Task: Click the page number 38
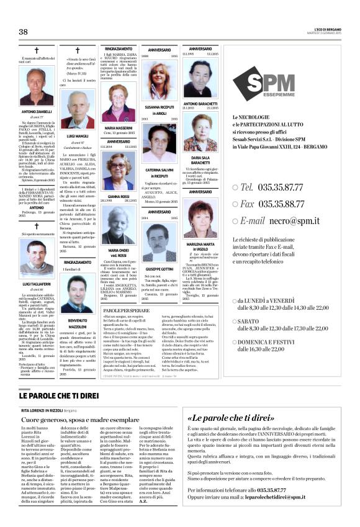pos(24,32)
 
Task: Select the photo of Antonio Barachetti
pos(200,78)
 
